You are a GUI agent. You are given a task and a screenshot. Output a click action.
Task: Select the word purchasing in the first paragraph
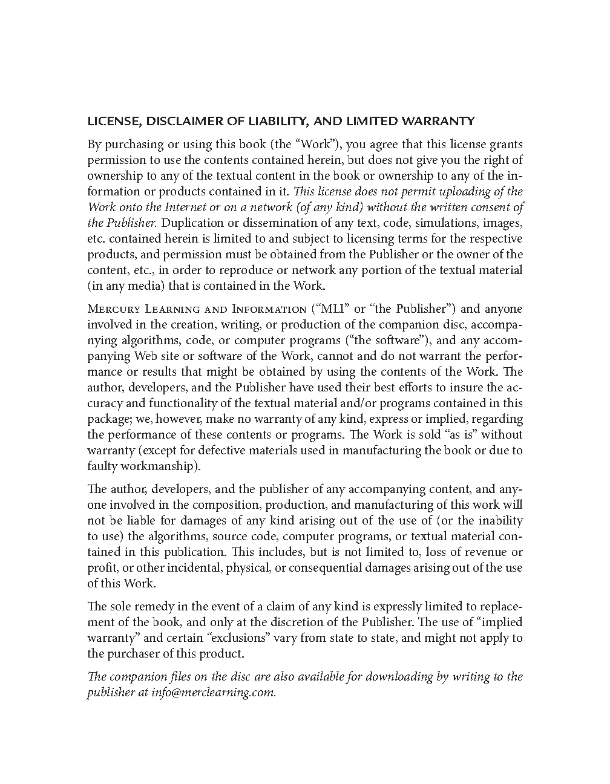(133, 145)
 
